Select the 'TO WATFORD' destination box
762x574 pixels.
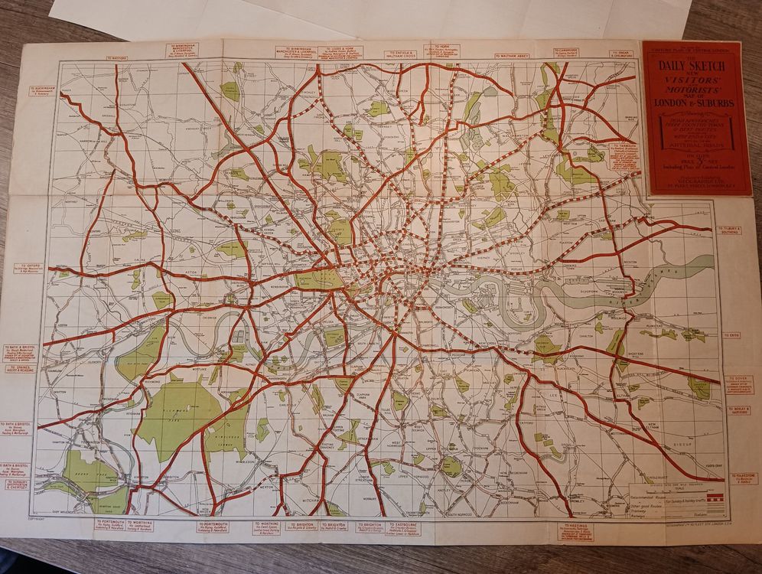tap(118, 57)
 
